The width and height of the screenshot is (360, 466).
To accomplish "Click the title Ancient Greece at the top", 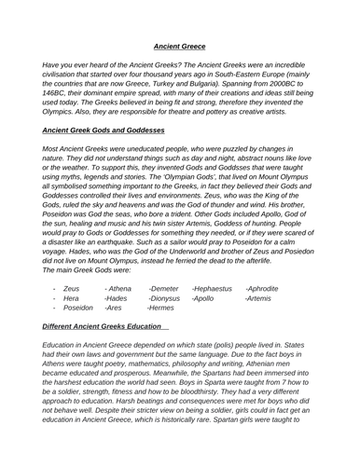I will click(180, 42).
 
